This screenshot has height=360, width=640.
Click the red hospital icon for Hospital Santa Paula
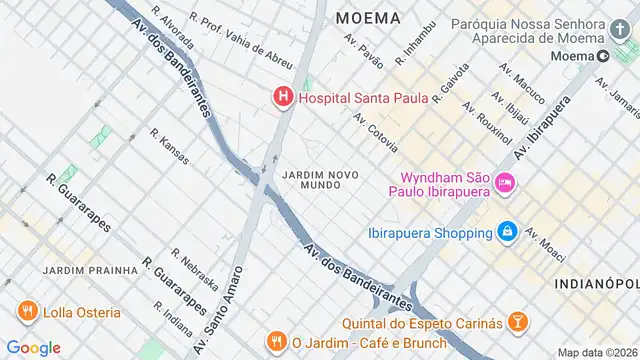tap(283, 98)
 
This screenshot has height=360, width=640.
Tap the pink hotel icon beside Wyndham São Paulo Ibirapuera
tap(505, 182)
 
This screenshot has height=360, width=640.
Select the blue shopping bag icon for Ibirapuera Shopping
tap(508, 232)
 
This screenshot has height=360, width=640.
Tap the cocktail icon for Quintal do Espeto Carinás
tap(517, 321)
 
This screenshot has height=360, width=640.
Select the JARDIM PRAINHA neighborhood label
tap(90, 270)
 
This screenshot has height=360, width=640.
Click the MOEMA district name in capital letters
tap(368, 18)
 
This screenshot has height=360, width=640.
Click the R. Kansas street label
tap(170, 146)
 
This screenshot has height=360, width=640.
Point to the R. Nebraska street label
tap(194, 267)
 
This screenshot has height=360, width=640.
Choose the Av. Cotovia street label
tap(375, 131)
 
